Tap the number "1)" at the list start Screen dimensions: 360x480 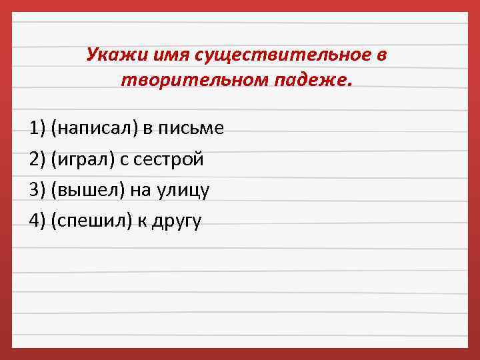pyautogui.click(x=37, y=128)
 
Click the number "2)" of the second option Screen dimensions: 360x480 pyautogui.click(x=37, y=159)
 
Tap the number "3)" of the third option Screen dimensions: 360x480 pyautogui.click(x=37, y=191)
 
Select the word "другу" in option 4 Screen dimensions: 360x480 pyautogui.click(x=178, y=221)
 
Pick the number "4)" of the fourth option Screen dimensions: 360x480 pyautogui.click(x=37, y=221)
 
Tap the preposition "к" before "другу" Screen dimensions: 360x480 pyautogui.click(x=143, y=221)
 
